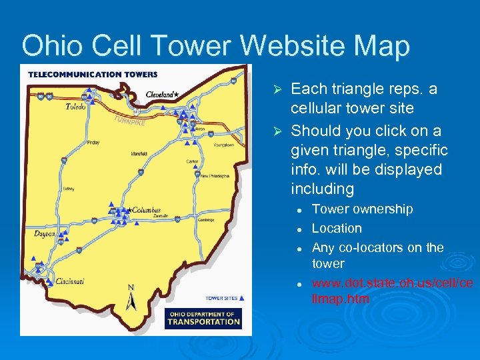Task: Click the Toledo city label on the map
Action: [x=76, y=108]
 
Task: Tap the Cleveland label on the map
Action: [x=161, y=95]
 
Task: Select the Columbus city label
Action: [x=147, y=210]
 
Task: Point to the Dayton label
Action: [x=44, y=234]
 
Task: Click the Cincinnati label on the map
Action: [x=70, y=281]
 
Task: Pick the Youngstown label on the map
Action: [x=223, y=145]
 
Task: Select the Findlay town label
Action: [x=93, y=143]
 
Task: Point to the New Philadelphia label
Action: [x=215, y=176]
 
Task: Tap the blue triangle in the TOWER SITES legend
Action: [x=241, y=298]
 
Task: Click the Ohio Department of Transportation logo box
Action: [x=203, y=318]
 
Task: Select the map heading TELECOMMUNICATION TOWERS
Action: [x=93, y=74]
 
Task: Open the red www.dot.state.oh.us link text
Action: [x=392, y=291]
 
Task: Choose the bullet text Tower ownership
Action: [x=362, y=209]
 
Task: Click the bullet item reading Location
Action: [x=337, y=228]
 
